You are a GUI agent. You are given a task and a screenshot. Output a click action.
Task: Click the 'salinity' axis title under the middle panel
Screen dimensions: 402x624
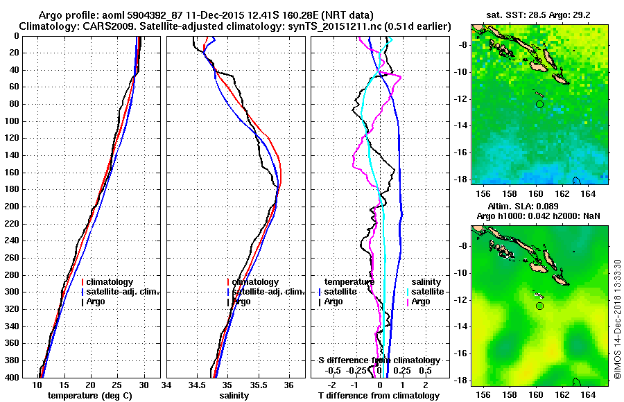coord(234,396)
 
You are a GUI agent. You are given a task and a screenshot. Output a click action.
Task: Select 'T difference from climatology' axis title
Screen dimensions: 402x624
coord(379,396)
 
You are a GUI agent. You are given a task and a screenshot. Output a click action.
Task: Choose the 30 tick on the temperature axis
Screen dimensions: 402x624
coord(144,385)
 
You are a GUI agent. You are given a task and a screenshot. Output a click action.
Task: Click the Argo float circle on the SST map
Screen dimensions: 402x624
coord(539,104)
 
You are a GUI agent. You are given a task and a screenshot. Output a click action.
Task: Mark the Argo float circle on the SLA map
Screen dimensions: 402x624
coord(539,306)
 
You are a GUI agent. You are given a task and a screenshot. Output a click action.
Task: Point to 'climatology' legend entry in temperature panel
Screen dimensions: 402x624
coord(110,282)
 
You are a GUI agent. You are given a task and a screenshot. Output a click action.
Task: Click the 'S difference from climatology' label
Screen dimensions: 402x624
coord(379,360)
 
